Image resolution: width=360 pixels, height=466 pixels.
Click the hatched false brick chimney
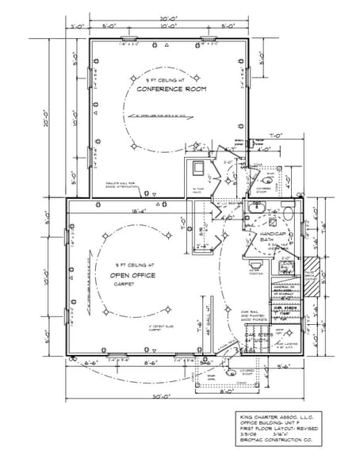pos(312,266)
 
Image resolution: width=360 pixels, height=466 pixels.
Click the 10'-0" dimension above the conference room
pos(167,26)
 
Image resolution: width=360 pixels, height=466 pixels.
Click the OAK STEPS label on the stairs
pos(258,336)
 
